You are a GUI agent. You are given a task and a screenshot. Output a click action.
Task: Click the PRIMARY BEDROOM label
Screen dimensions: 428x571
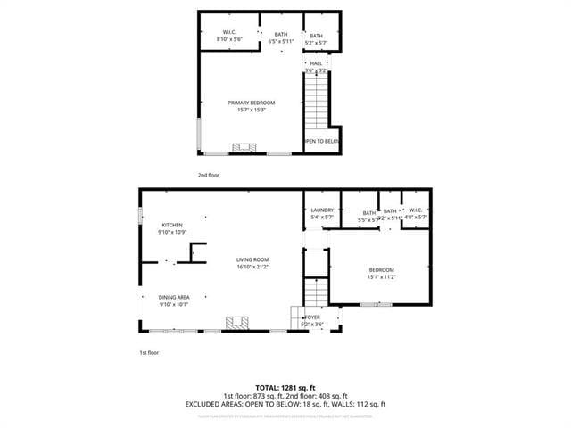[246, 103]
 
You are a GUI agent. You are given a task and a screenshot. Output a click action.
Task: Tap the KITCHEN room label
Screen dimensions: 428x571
[172, 225]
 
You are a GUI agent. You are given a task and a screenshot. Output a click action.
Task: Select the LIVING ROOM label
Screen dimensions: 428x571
[252, 259]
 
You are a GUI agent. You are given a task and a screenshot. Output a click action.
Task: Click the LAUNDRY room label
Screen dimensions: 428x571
[322, 210]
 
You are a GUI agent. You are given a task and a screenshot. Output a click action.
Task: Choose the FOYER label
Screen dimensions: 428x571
[313, 317]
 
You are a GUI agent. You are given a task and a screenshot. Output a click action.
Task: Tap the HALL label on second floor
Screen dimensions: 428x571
[316, 63]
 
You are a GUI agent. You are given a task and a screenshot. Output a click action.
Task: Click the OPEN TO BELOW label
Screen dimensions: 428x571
[322, 141]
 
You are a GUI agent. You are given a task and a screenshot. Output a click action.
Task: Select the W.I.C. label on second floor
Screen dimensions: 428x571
[229, 34]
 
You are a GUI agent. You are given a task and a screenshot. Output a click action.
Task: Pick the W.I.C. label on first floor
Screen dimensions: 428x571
[416, 211]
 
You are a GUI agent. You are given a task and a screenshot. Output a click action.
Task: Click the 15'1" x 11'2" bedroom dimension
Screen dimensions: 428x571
[382, 276]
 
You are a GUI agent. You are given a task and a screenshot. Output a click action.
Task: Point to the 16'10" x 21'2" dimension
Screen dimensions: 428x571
[252, 267]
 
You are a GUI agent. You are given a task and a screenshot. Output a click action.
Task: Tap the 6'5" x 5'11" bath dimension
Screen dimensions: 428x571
[281, 41]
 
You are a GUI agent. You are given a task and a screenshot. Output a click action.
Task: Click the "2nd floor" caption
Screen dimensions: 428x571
[209, 175]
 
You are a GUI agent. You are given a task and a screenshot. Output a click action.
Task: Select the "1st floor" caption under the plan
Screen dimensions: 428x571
[148, 352]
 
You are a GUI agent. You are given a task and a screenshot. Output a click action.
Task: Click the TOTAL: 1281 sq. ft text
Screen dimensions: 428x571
[285, 388]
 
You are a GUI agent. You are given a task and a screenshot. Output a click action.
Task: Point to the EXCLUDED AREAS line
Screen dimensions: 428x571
[285, 404]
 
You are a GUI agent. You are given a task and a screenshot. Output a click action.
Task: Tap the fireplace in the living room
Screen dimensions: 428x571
[236, 322]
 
